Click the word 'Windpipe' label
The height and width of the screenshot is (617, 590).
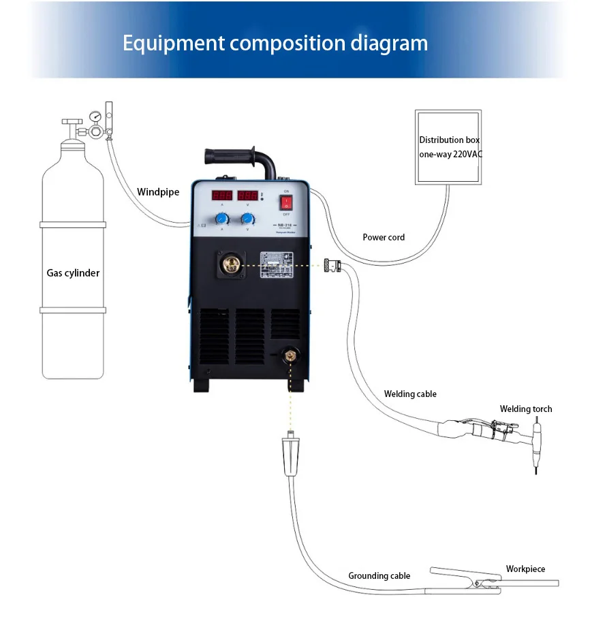tap(158, 192)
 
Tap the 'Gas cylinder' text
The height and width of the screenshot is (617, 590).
tap(73, 273)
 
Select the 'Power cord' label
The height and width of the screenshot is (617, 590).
tap(384, 237)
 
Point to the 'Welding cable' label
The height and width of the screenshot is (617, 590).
tap(410, 394)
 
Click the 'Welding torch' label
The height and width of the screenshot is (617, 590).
tap(526, 409)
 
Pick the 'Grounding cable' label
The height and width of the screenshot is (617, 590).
tap(379, 575)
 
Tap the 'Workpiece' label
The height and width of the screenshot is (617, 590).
tap(525, 569)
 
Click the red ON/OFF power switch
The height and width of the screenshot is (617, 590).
tap(286, 202)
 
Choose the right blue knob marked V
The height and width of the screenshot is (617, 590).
tap(247, 219)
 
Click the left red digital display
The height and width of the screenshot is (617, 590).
tap(222, 195)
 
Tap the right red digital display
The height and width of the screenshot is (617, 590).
tap(247, 195)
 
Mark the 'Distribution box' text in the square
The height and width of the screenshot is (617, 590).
tap(449, 140)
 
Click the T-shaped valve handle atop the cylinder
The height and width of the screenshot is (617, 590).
tap(71, 122)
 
